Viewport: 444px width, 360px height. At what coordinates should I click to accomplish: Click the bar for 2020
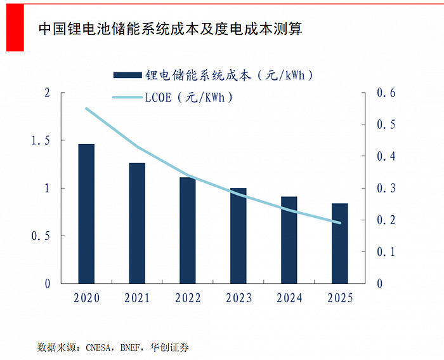click(x=86, y=213)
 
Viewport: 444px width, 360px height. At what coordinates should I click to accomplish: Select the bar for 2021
click(x=137, y=223)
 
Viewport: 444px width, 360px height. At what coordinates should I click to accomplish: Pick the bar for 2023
click(x=238, y=236)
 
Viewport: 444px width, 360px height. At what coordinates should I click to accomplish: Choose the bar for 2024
click(x=289, y=239)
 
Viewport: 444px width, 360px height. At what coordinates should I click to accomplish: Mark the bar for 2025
click(x=340, y=243)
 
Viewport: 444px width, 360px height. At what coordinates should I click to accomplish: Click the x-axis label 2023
click(x=238, y=298)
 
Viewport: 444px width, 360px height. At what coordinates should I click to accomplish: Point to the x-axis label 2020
click(x=86, y=298)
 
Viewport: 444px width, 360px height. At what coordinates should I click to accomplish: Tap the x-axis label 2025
click(x=340, y=298)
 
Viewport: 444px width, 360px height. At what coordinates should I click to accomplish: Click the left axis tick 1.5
click(x=39, y=140)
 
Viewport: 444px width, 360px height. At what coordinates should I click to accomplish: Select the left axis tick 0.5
click(x=39, y=236)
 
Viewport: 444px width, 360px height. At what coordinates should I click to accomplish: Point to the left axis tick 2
click(x=46, y=93)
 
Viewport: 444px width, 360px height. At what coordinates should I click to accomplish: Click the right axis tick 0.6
click(x=386, y=93)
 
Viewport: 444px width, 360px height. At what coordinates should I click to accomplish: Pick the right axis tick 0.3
click(x=386, y=188)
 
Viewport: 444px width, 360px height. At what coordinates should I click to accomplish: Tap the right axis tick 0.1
click(x=386, y=251)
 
